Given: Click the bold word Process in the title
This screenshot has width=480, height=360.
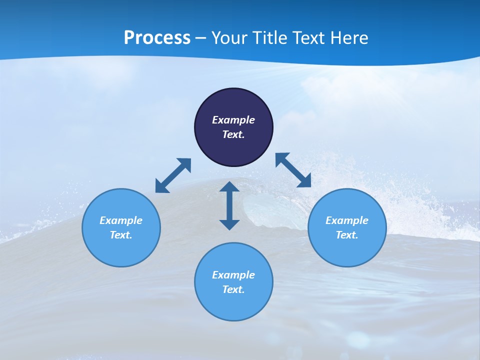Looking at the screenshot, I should (157, 38).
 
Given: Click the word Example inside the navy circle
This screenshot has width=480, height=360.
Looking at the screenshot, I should (233, 120).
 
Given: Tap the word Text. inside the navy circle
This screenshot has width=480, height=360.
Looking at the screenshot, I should (233, 134).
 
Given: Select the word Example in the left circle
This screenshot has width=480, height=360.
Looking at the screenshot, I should (121, 220).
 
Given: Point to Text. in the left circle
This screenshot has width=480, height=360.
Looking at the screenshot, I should (121, 235).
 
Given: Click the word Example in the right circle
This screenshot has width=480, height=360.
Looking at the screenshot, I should (347, 220).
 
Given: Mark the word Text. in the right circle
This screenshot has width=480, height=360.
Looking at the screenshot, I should (347, 235).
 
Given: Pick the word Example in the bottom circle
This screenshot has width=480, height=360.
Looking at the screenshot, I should (233, 275).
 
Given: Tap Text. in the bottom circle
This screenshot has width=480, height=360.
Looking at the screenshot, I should (233, 289).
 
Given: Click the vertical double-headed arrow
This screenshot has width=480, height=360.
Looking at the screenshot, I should (229, 205).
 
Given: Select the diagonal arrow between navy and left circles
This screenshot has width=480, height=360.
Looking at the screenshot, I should (173, 175).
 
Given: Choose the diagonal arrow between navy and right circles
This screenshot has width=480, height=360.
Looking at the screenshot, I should (293, 170).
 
